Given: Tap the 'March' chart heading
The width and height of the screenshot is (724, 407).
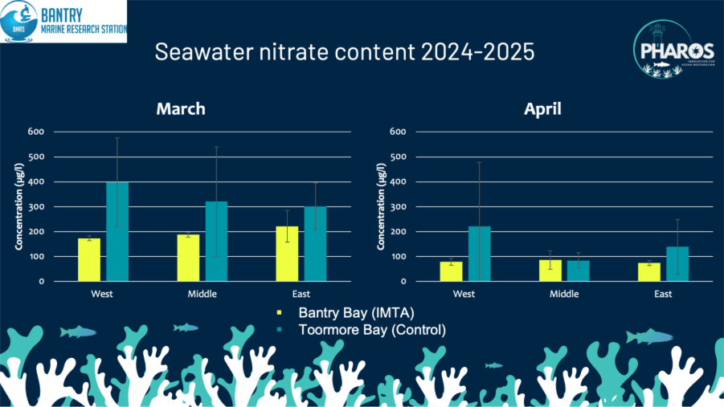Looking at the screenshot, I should pyautogui.click(x=181, y=108).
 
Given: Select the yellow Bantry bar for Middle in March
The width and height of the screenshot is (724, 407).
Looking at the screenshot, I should pyautogui.click(x=188, y=258).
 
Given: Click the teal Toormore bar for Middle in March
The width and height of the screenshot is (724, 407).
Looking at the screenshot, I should pyautogui.click(x=216, y=241).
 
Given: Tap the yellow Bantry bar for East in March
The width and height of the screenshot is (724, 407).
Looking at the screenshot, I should pyautogui.click(x=287, y=254).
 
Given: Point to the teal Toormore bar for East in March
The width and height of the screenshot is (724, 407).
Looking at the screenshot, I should pyautogui.click(x=315, y=244).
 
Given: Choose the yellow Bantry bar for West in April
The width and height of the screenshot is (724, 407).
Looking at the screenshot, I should pyautogui.click(x=451, y=271).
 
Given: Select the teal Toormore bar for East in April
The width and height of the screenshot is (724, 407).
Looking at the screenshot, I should pyautogui.click(x=677, y=264).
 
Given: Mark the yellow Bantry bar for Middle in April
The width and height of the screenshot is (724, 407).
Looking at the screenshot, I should pyautogui.click(x=550, y=271).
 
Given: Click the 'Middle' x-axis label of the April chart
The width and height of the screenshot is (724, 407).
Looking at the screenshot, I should pyautogui.click(x=564, y=294).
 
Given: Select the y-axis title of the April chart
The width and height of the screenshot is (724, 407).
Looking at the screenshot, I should pyautogui.click(x=379, y=207).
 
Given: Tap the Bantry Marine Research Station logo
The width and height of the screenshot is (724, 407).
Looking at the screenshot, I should pyautogui.click(x=63, y=21).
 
